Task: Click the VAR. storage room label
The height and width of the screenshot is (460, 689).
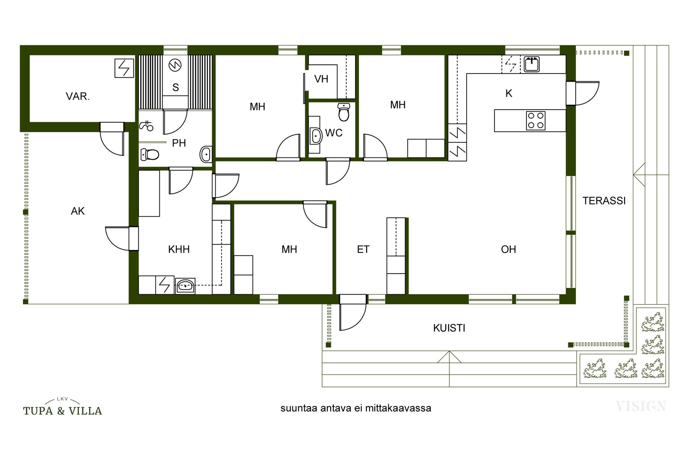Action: (x=78, y=96)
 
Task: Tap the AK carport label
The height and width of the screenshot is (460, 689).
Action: (x=78, y=211)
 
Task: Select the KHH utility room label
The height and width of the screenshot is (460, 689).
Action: (x=179, y=249)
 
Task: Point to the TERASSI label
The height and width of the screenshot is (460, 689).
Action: (x=604, y=201)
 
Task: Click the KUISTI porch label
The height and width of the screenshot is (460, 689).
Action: (x=449, y=328)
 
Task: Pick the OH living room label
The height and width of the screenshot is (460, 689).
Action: (x=508, y=249)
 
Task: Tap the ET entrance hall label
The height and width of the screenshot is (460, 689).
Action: (x=363, y=249)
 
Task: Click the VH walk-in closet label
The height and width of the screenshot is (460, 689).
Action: (x=321, y=79)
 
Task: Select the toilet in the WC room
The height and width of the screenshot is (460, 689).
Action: (x=344, y=112)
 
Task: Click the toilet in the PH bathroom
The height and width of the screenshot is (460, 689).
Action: (x=150, y=155)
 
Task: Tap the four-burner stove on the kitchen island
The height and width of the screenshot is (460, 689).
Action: (x=536, y=120)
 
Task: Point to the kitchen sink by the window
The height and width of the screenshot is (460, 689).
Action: (x=531, y=64)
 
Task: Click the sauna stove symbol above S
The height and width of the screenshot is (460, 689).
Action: (x=175, y=65)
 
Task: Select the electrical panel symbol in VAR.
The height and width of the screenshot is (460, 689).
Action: (x=124, y=68)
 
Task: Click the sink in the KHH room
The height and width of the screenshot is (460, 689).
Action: (x=185, y=286)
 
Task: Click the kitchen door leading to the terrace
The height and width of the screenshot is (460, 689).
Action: (x=582, y=93)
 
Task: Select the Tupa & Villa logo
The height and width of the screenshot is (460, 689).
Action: (x=62, y=407)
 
